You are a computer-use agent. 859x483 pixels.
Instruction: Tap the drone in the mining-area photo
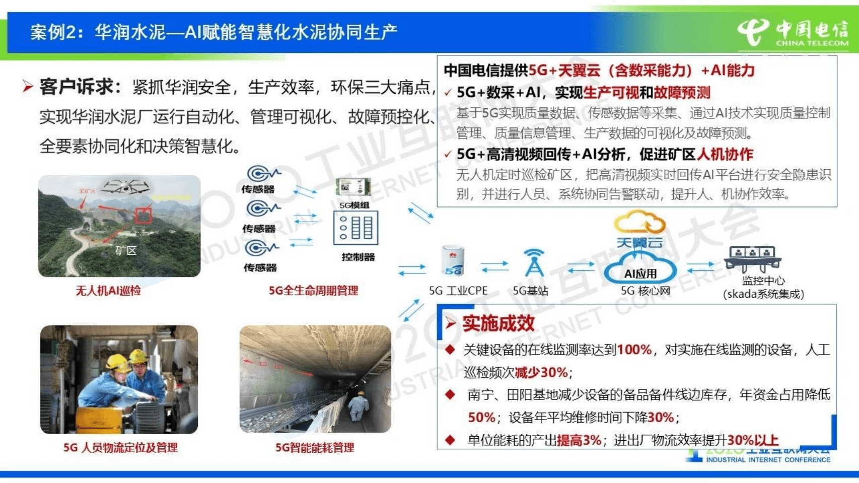(x=125, y=186)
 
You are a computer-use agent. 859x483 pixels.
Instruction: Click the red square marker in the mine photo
(x=143, y=215)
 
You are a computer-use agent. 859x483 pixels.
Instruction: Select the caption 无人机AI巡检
(x=108, y=291)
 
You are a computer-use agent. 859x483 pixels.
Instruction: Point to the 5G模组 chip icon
(x=353, y=187)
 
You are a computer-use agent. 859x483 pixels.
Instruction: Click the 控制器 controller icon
(x=355, y=228)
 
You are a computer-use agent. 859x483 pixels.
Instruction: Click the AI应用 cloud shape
(x=640, y=270)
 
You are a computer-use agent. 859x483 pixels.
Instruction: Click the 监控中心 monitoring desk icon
(x=753, y=258)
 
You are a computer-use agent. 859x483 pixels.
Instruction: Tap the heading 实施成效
(x=498, y=323)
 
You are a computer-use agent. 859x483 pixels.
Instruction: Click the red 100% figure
(x=634, y=350)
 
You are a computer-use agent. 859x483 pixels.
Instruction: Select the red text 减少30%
(x=541, y=372)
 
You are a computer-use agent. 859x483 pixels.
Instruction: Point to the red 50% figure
(x=481, y=417)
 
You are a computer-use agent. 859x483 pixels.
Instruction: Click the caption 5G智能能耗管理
(x=315, y=447)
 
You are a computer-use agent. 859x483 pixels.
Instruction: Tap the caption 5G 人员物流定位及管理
(x=120, y=447)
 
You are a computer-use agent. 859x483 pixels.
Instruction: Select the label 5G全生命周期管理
(x=313, y=291)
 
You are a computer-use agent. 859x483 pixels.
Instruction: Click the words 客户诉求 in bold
(x=77, y=87)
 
